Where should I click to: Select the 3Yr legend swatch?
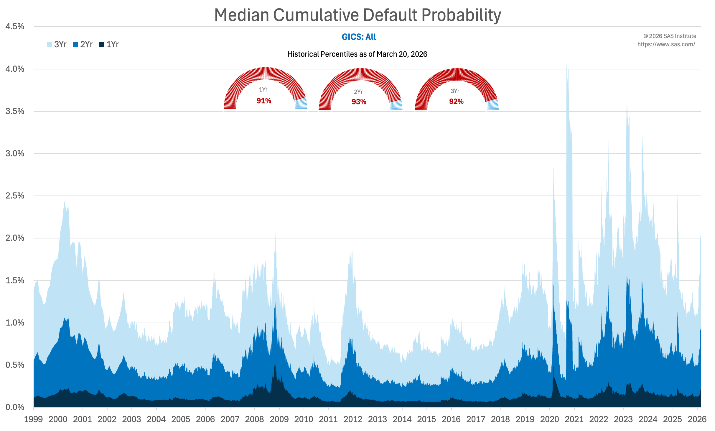(49, 45)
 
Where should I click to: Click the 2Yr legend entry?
(83, 45)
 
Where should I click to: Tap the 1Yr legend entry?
(109, 45)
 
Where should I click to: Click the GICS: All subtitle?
(359, 37)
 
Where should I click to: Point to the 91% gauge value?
(264, 101)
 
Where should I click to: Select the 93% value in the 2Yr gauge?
(359, 102)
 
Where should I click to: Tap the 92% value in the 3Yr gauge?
(456, 102)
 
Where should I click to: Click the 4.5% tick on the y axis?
(15, 27)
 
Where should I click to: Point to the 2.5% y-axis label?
(15, 196)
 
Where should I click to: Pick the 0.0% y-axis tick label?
(15, 407)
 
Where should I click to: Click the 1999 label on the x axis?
(33, 419)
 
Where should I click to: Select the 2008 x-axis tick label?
(254, 419)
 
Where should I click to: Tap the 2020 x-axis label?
(549, 419)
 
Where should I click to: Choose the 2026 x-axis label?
(697, 419)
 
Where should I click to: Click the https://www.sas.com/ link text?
(666, 44)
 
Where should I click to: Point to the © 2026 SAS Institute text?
(670, 36)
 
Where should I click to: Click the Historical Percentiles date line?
(357, 54)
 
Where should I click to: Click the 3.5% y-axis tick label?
(15, 111)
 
